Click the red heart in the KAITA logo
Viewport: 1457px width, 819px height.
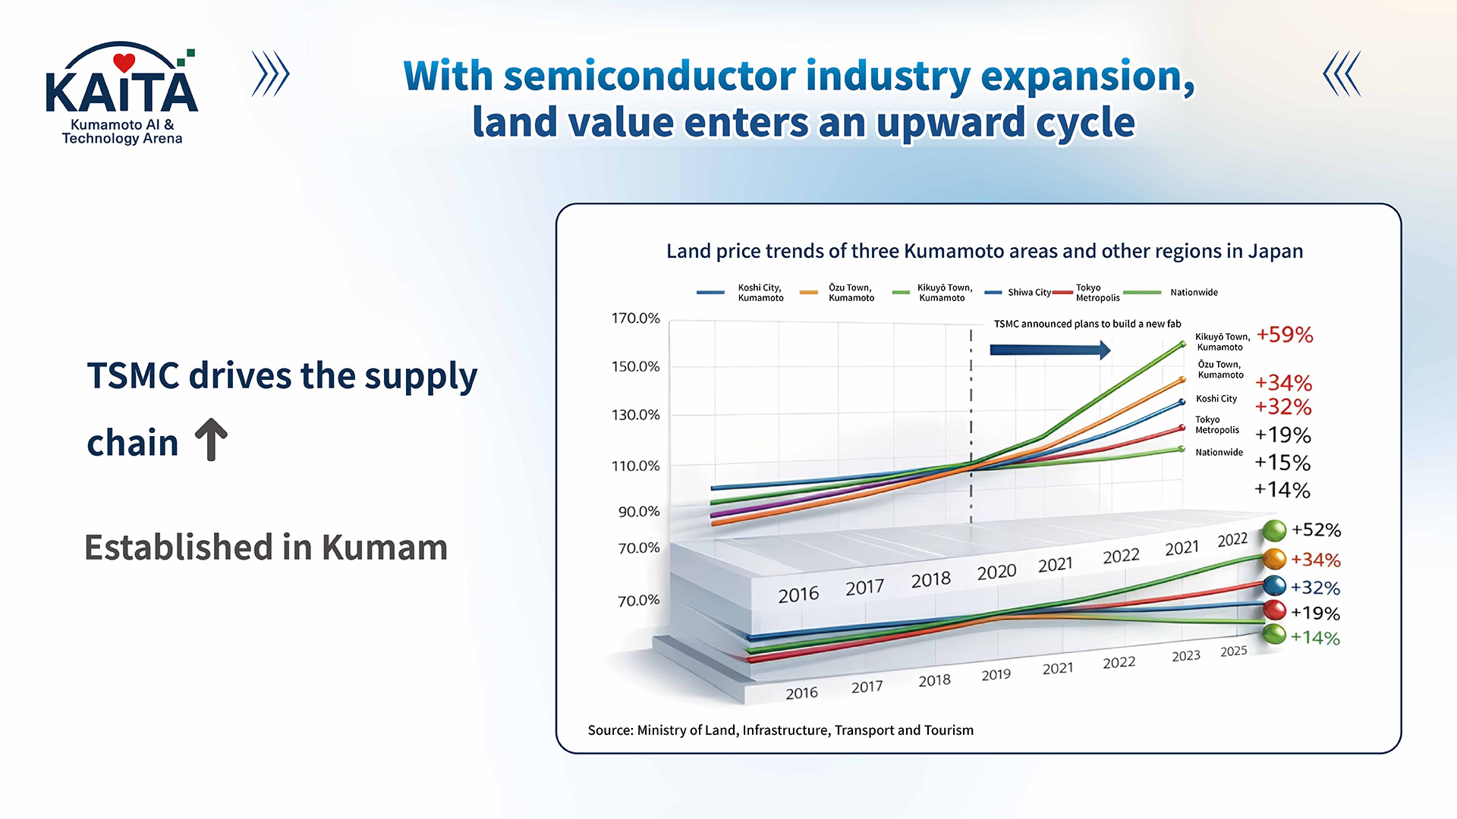pyautogui.click(x=124, y=62)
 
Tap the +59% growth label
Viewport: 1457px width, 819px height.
pyautogui.click(x=1285, y=334)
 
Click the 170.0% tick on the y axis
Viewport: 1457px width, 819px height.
pyautogui.click(x=636, y=318)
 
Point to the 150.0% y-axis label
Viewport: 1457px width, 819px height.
pyautogui.click(x=636, y=366)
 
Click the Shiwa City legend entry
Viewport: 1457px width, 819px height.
pyautogui.click(x=1018, y=292)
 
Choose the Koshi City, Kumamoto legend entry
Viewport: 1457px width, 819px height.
pyautogui.click(x=740, y=293)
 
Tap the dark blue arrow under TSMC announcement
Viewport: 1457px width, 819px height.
pyautogui.click(x=1050, y=350)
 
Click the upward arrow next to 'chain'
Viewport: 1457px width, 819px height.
pyautogui.click(x=211, y=440)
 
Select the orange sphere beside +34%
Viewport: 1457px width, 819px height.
pyautogui.click(x=1275, y=559)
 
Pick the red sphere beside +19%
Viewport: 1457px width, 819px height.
pyautogui.click(x=1275, y=610)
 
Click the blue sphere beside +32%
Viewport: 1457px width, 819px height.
pyautogui.click(x=1275, y=585)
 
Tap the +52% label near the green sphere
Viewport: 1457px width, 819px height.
pyautogui.click(x=1316, y=529)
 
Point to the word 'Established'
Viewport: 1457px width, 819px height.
pyautogui.click(x=178, y=547)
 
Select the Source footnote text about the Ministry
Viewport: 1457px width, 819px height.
pyautogui.click(x=781, y=730)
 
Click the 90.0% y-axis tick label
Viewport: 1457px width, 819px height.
pyautogui.click(x=639, y=512)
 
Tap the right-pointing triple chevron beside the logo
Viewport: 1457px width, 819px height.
pyautogui.click(x=271, y=74)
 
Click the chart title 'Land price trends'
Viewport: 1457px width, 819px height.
pyautogui.click(x=985, y=251)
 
